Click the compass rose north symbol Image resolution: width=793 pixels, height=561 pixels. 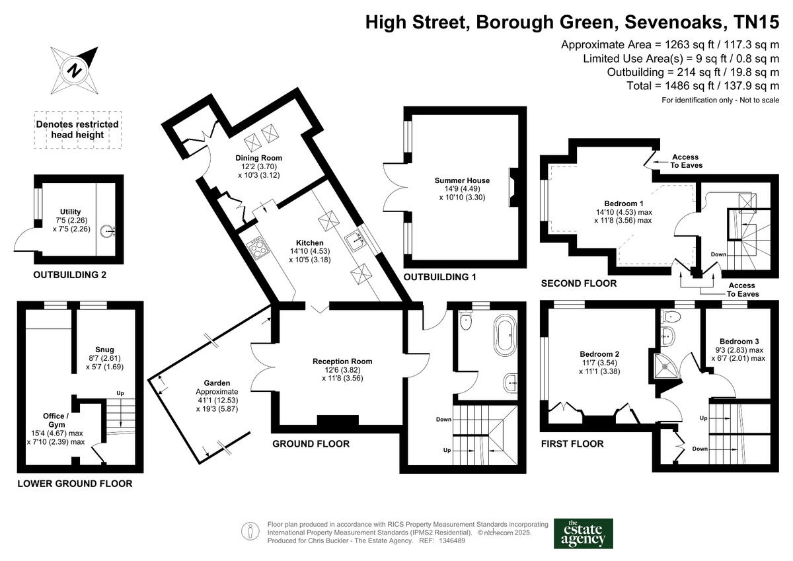(x=75, y=69)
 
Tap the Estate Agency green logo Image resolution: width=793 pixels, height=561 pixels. (x=583, y=533)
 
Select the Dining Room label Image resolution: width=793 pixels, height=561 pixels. (x=259, y=158)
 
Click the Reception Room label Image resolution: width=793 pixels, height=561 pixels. (x=342, y=361)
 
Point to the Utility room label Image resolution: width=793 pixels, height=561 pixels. (x=70, y=212)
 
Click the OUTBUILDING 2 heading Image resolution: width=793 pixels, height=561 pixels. (x=69, y=276)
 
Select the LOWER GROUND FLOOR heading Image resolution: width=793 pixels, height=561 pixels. (x=75, y=484)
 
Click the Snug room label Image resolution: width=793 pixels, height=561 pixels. (x=104, y=350)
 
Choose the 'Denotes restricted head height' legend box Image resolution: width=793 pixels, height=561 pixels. (x=77, y=130)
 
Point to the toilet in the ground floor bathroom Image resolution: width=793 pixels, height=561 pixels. (x=467, y=321)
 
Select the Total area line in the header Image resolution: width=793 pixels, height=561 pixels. (x=702, y=86)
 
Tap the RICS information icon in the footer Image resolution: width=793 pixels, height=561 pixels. (x=249, y=531)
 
